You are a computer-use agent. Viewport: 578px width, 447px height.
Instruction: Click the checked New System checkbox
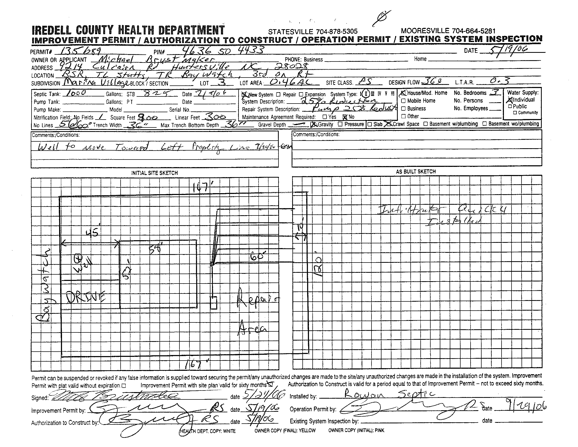[244, 95]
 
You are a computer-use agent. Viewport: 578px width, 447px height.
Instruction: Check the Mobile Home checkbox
[403, 101]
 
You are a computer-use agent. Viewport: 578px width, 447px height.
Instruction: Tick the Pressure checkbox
[340, 124]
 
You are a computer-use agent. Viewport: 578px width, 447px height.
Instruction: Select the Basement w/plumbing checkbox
[426, 124]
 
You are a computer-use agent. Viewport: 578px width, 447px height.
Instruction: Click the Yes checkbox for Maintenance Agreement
[325, 117]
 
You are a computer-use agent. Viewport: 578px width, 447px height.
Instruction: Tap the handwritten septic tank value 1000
[75, 93]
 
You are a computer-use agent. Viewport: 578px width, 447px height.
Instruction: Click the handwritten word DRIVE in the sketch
[85, 297]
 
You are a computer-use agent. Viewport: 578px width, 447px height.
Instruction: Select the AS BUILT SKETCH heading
[416, 172]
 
